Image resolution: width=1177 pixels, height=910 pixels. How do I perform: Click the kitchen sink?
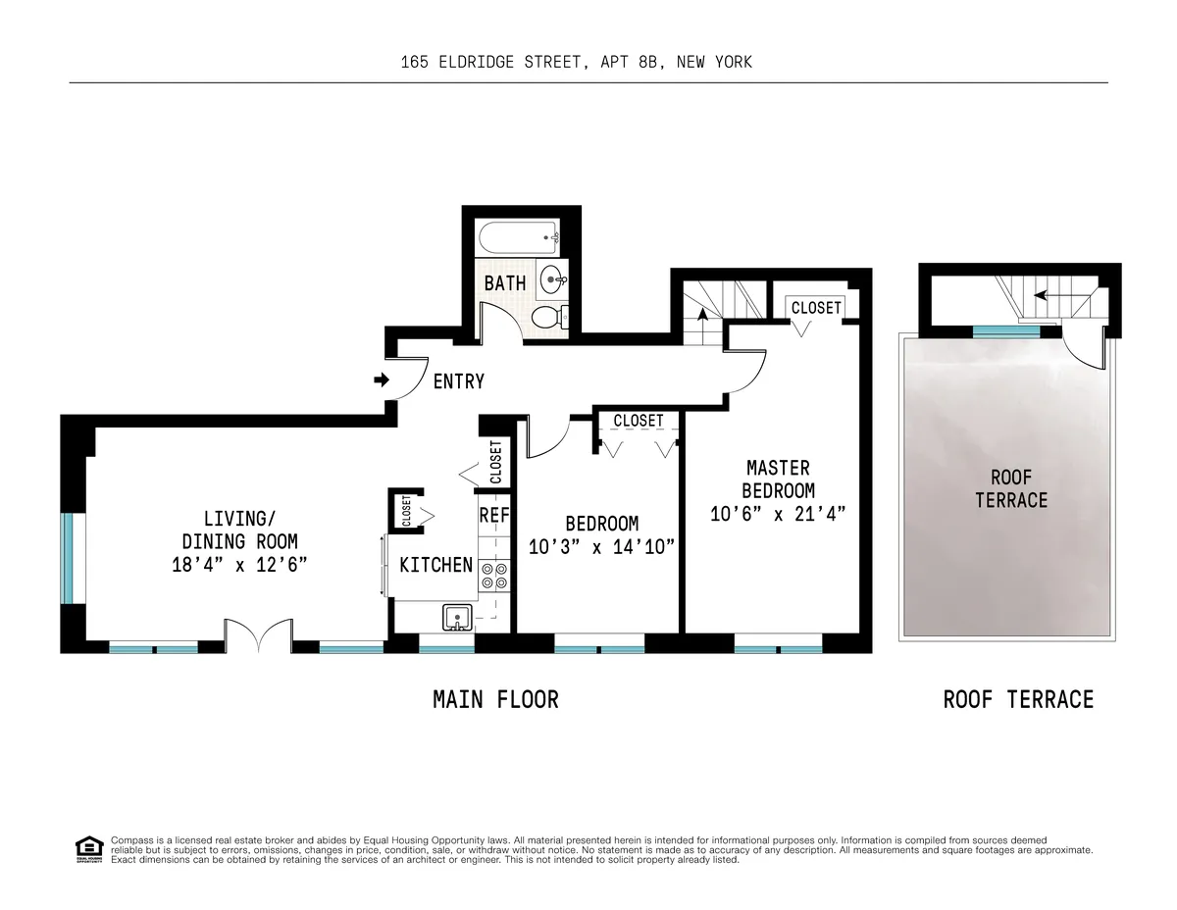click(457, 618)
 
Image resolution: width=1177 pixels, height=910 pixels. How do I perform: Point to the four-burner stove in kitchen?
click(493, 576)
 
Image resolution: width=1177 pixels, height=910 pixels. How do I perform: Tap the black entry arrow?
click(382, 379)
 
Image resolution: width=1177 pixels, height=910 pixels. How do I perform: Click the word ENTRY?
click(458, 381)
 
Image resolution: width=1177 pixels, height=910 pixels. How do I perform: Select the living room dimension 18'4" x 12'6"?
click(239, 564)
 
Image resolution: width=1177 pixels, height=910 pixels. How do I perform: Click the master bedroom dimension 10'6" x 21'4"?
click(778, 513)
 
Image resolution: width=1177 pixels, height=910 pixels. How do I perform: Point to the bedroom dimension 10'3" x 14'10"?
click(601, 547)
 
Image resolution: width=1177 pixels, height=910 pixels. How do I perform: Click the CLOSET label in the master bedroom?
click(816, 308)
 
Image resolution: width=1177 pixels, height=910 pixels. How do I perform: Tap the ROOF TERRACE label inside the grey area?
click(1011, 488)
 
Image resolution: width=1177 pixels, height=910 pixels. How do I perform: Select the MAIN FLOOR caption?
click(495, 699)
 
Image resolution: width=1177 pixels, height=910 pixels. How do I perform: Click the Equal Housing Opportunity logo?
click(89, 849)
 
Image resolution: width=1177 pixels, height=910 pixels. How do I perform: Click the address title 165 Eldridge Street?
click(576, 62)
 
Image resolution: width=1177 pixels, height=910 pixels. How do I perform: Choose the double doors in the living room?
click(258, 636)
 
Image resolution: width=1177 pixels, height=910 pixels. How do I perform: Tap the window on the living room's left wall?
click(67, 557)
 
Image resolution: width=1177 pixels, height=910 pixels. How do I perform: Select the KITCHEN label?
click(435, 566)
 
